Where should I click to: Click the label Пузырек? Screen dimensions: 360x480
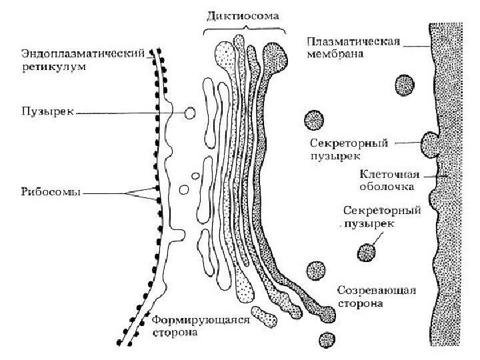click(x=44, y=113)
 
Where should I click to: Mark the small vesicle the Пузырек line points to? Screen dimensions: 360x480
click(x=190, y=113)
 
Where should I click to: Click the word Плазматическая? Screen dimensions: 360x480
click(x=353, y=43)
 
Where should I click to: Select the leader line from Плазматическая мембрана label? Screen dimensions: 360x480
click(x=416, y=45)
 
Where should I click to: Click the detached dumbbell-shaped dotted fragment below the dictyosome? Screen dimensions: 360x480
click(x=264, y=316)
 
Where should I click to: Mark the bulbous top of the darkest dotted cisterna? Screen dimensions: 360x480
click(x=276, y=52)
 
